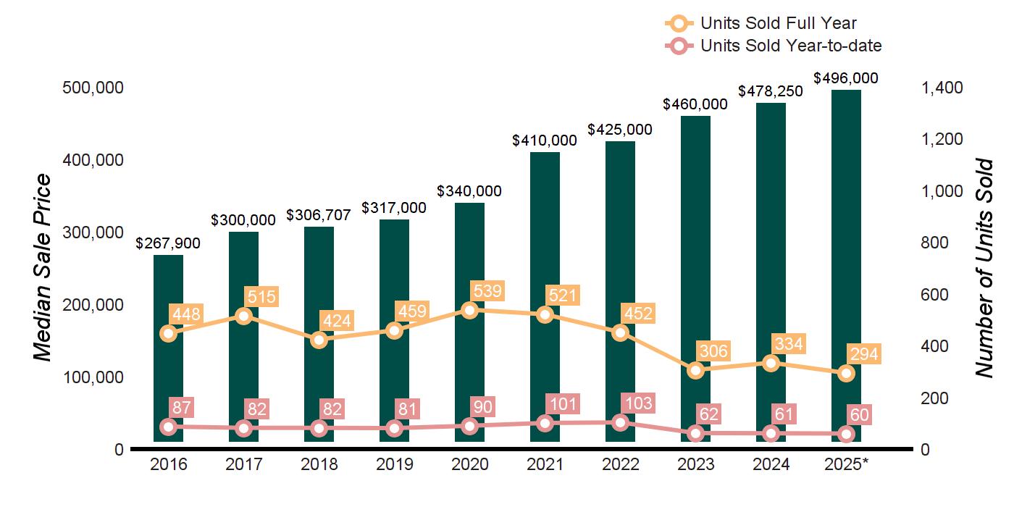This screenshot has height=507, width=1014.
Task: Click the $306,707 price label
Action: point(319,215)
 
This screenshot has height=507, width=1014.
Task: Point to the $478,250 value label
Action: point(771,91)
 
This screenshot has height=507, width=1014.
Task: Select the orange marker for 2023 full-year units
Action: point(695,370)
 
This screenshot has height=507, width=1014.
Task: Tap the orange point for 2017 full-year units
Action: point(243,316)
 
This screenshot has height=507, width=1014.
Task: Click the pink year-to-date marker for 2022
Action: point(620,422)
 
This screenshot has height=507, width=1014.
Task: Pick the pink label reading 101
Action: point(563,403)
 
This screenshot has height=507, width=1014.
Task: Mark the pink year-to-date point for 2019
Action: point(394,428)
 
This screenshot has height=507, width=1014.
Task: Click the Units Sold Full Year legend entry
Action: point(760,23)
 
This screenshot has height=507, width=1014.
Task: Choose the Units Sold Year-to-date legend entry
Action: point(773,46)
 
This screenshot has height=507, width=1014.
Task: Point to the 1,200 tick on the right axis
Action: point(942,139)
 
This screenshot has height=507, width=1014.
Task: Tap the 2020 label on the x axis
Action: point(469,464)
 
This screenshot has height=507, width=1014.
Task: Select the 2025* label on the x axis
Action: point(846,464)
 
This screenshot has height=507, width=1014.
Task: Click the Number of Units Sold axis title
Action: point(984,268)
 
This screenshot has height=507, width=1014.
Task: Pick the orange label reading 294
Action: point(864,355)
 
